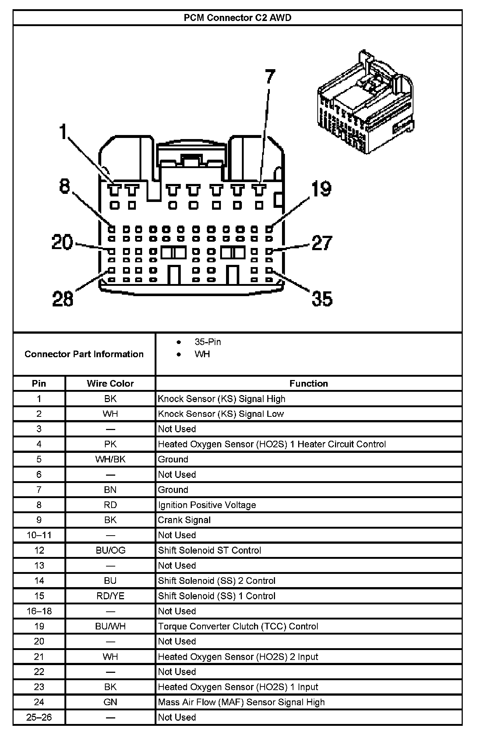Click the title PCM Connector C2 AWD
click(237, 18)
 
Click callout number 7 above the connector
click(270, 77)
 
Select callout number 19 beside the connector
click(321, 189)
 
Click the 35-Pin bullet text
click(208, 342)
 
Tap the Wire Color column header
click(110, 383)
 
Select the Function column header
click(309, 383)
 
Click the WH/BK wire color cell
click(110, 459)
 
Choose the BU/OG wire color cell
click(110, 550)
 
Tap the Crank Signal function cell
click(184, 520)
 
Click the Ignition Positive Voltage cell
click(207, 505)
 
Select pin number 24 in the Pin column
click(39, 702)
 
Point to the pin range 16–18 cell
click(39, 611)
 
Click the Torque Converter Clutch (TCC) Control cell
click(238, 626)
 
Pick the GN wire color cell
click(110, 702)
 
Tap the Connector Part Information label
click(84, 354)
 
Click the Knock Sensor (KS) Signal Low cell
click(221, 414)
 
